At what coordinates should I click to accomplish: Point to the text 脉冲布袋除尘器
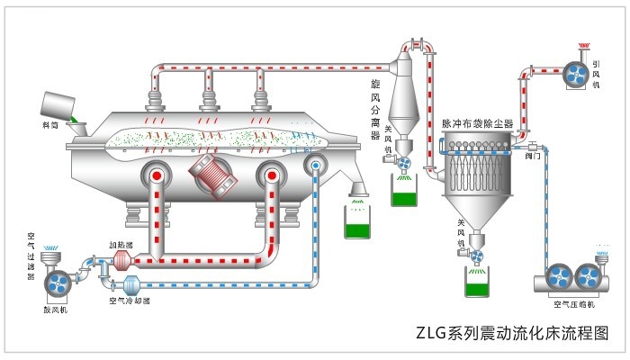(477, 123)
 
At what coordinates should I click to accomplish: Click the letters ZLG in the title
(431, 332)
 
